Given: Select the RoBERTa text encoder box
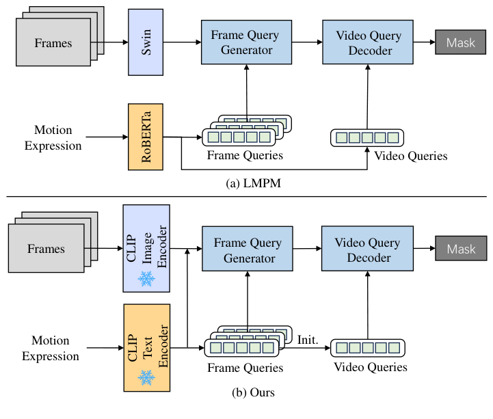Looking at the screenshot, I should (x=144, y=137).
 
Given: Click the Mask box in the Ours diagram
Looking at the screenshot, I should (x=460, y=249).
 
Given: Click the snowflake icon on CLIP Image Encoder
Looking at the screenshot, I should (x=146, y=278).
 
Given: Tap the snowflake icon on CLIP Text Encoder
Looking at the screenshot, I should (x=146, y=377).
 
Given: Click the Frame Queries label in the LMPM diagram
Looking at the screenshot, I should (x=245, y=156).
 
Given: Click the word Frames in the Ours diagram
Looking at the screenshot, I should (x=46, y=248).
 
